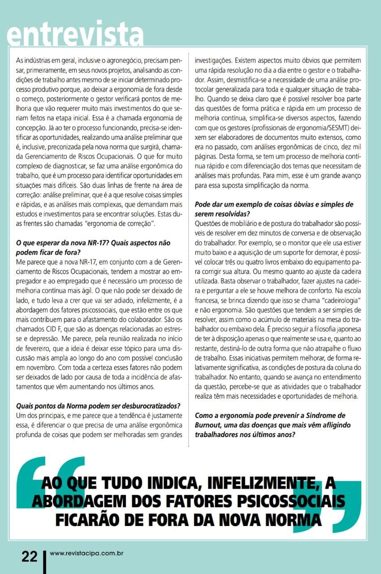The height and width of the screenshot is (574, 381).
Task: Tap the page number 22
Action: [x=30, y=556]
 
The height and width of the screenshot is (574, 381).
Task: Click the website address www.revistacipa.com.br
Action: [x=87, y=553]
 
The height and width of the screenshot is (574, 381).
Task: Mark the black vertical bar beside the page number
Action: [x=44, y=560]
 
